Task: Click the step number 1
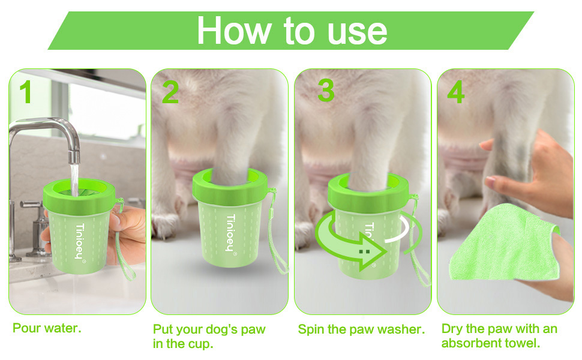pyautogui.click(x=25, y=92)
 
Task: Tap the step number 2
pyautogui.click(x=170, y=92)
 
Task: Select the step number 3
pyautogui.click(x=326, y=90)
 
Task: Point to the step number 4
pyautogui.click(x=456, y=92)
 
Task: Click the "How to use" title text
pyautogui.click(x=292, y=30)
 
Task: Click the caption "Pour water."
pyautogui.click(x=47, y=328)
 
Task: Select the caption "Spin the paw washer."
pyautogui.click(x=361, y=329)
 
